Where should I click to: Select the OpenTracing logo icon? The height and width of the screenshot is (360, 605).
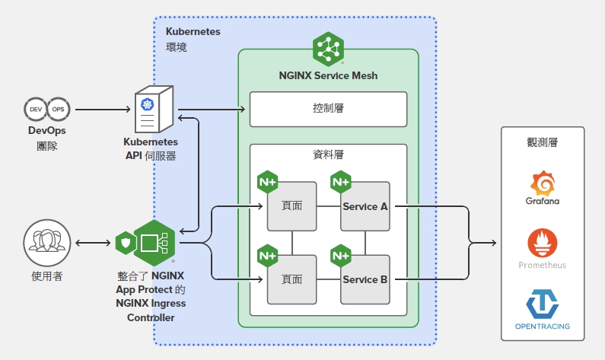[543, 303]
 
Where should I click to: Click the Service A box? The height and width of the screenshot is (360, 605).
[365, 206]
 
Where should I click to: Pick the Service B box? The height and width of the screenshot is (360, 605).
[365, 279]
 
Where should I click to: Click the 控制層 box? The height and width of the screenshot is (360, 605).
[328, 109]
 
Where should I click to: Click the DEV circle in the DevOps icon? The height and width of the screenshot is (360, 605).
[36, 110]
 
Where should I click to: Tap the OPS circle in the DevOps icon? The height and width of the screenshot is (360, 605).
[58, 110]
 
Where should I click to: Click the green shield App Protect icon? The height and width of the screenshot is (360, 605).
[126, 243]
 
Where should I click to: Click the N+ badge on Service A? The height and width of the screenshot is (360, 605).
[340, 182]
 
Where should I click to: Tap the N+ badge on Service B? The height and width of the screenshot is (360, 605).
[340, 255]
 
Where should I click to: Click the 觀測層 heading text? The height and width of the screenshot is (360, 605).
[543, 143]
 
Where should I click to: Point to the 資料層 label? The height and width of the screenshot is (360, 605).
[328, 155]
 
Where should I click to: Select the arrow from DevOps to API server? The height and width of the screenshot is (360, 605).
[102, 110]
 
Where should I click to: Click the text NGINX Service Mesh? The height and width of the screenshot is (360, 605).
[328, 75]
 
